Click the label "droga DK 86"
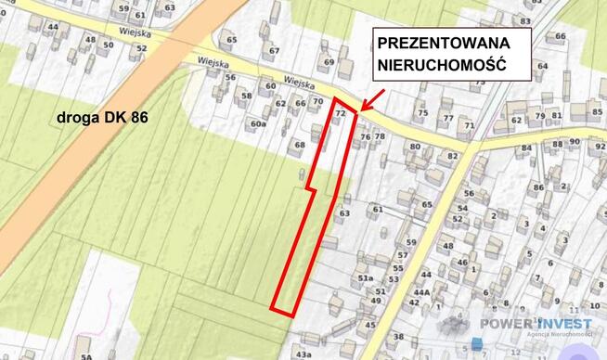102,117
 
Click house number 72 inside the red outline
340,112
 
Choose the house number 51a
366,277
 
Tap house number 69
328,62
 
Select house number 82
453,155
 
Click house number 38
398,336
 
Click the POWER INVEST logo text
536,323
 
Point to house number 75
422,113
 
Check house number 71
470,124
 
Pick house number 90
575,142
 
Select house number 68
299,145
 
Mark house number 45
370,324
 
